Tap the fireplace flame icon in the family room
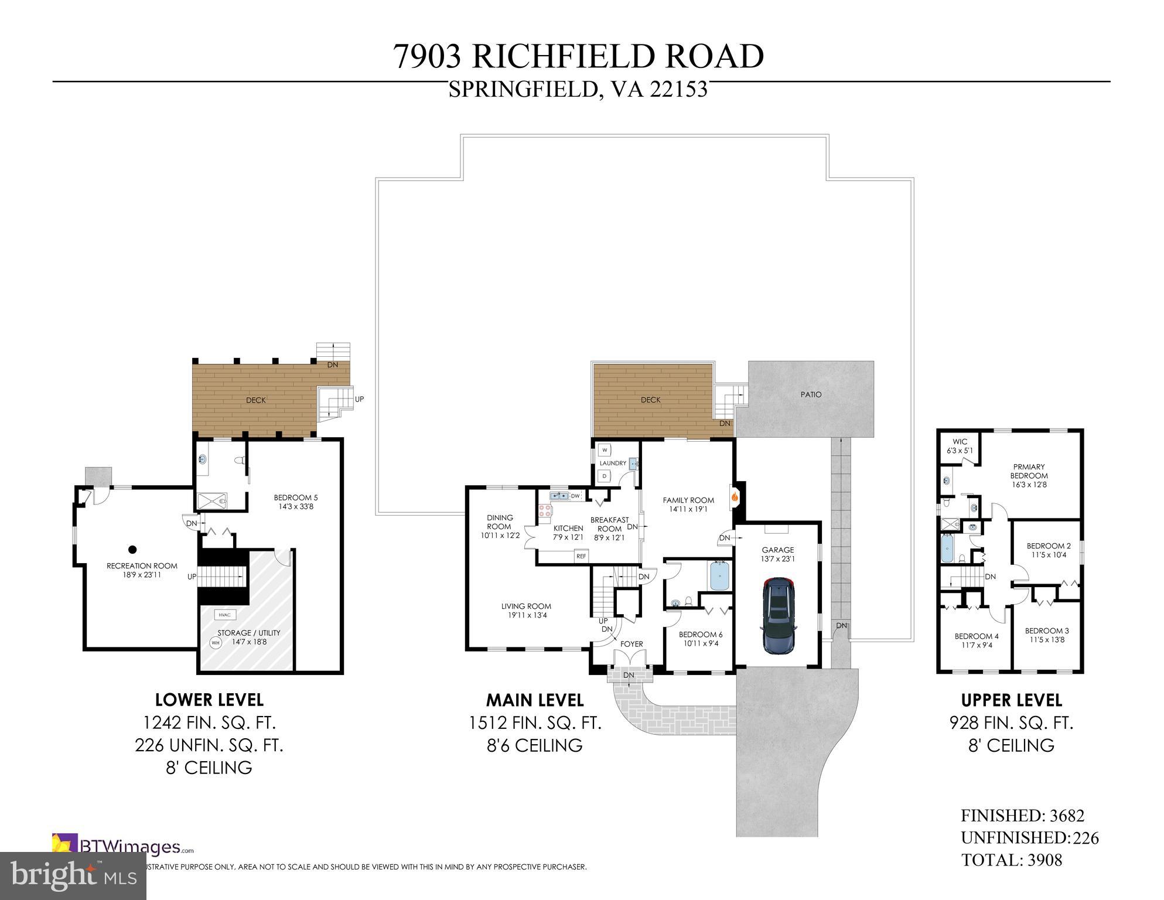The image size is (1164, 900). (734, 496)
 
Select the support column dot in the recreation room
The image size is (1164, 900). (132, 550)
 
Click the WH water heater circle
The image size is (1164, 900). (215, 643)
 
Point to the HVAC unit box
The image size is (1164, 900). (224, 615)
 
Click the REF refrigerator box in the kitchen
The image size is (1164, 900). (581, 556)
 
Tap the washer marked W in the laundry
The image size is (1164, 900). (605, 450)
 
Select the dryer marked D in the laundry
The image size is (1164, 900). (605, 476)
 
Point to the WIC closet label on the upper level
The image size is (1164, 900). (960, 442)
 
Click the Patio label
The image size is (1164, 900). (811, 394)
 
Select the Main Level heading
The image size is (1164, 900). (534, 700)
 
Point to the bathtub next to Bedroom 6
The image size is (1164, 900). (720, 575)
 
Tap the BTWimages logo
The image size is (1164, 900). (123, 847)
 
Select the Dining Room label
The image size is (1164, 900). (500, 521)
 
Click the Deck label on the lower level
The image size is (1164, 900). (255, 400)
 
